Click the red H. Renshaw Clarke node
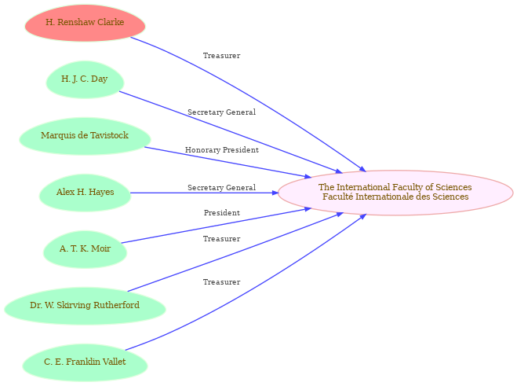(x=85, y=23)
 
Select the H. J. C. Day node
(x=85, y=79)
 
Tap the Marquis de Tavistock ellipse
(x=85, y=136)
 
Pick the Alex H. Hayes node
(x=85, y=193)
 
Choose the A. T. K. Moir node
(x=85, y=249)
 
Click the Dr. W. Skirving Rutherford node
(x=85, y=306)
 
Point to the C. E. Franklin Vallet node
(x=85, y=362)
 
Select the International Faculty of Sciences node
(x=395, y=193)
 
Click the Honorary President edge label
(x=222, y=150)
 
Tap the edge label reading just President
(x=222, y=213)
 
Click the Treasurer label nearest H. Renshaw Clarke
(x=221, y=56)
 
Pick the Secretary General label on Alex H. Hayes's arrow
(x=221, y=188)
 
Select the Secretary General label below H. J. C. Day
(x=221, y=112)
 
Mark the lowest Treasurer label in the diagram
(x=221, y=282)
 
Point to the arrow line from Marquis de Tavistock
(x=228, y=163)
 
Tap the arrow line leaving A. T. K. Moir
(x=216, y=226)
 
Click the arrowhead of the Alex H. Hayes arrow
(x=275, y=193)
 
